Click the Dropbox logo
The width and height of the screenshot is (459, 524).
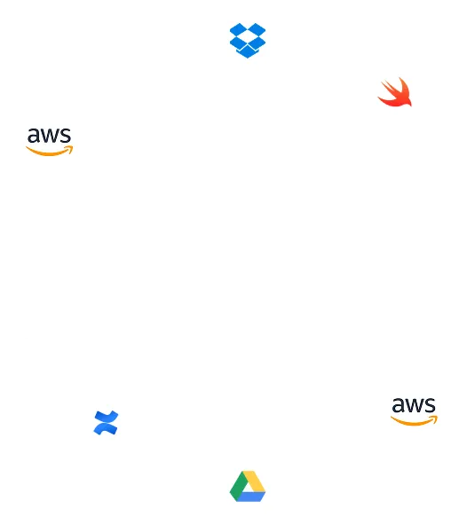(248, 41)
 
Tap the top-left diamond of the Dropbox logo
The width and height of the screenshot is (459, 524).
(239, 29)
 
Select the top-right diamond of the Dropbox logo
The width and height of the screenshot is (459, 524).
(257, 29)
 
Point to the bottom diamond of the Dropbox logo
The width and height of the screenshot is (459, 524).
(248, 52)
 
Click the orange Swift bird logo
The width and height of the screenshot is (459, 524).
(395, 92)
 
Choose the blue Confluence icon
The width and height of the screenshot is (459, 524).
(106, 423)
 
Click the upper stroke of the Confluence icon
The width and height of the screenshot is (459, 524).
(107, 417)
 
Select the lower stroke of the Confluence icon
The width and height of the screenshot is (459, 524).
(106, 429)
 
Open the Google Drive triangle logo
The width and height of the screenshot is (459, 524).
(248, 486)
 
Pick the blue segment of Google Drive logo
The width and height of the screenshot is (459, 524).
(251, 497)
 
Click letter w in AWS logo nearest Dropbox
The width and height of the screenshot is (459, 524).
(51, 136)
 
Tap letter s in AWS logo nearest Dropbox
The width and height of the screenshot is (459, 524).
(65, 136)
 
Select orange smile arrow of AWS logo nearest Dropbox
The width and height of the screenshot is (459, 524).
(50, 151)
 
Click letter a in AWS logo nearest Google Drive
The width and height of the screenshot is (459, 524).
(398, 405)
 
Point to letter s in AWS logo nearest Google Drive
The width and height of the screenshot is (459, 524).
(430, 405)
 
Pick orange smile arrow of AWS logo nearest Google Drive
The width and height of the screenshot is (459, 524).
(415, 421)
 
